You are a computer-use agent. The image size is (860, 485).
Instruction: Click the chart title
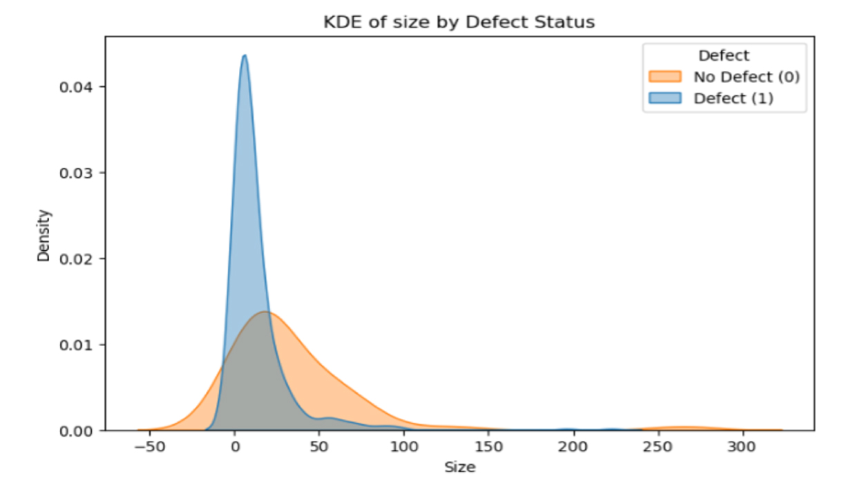point(459,22)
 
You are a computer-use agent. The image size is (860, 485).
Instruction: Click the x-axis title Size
point(459,467)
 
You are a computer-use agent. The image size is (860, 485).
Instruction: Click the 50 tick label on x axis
point(318,446)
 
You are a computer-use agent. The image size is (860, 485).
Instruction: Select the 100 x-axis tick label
point(403,446)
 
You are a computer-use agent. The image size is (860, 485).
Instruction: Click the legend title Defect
point(723,55)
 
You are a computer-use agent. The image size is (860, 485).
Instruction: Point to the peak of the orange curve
point(265,312)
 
